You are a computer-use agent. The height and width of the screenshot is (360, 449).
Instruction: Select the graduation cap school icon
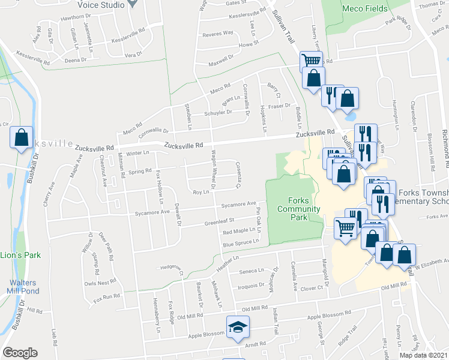click(238, 328)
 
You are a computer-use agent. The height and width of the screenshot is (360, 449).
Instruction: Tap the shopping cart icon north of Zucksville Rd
click(310, 60)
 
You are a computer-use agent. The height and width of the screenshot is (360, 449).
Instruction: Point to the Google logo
click(20, 353)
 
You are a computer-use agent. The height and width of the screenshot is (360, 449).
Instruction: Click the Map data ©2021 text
click(423, 355)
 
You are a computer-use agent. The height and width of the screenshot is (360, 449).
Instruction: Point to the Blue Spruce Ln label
click(240, 242)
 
